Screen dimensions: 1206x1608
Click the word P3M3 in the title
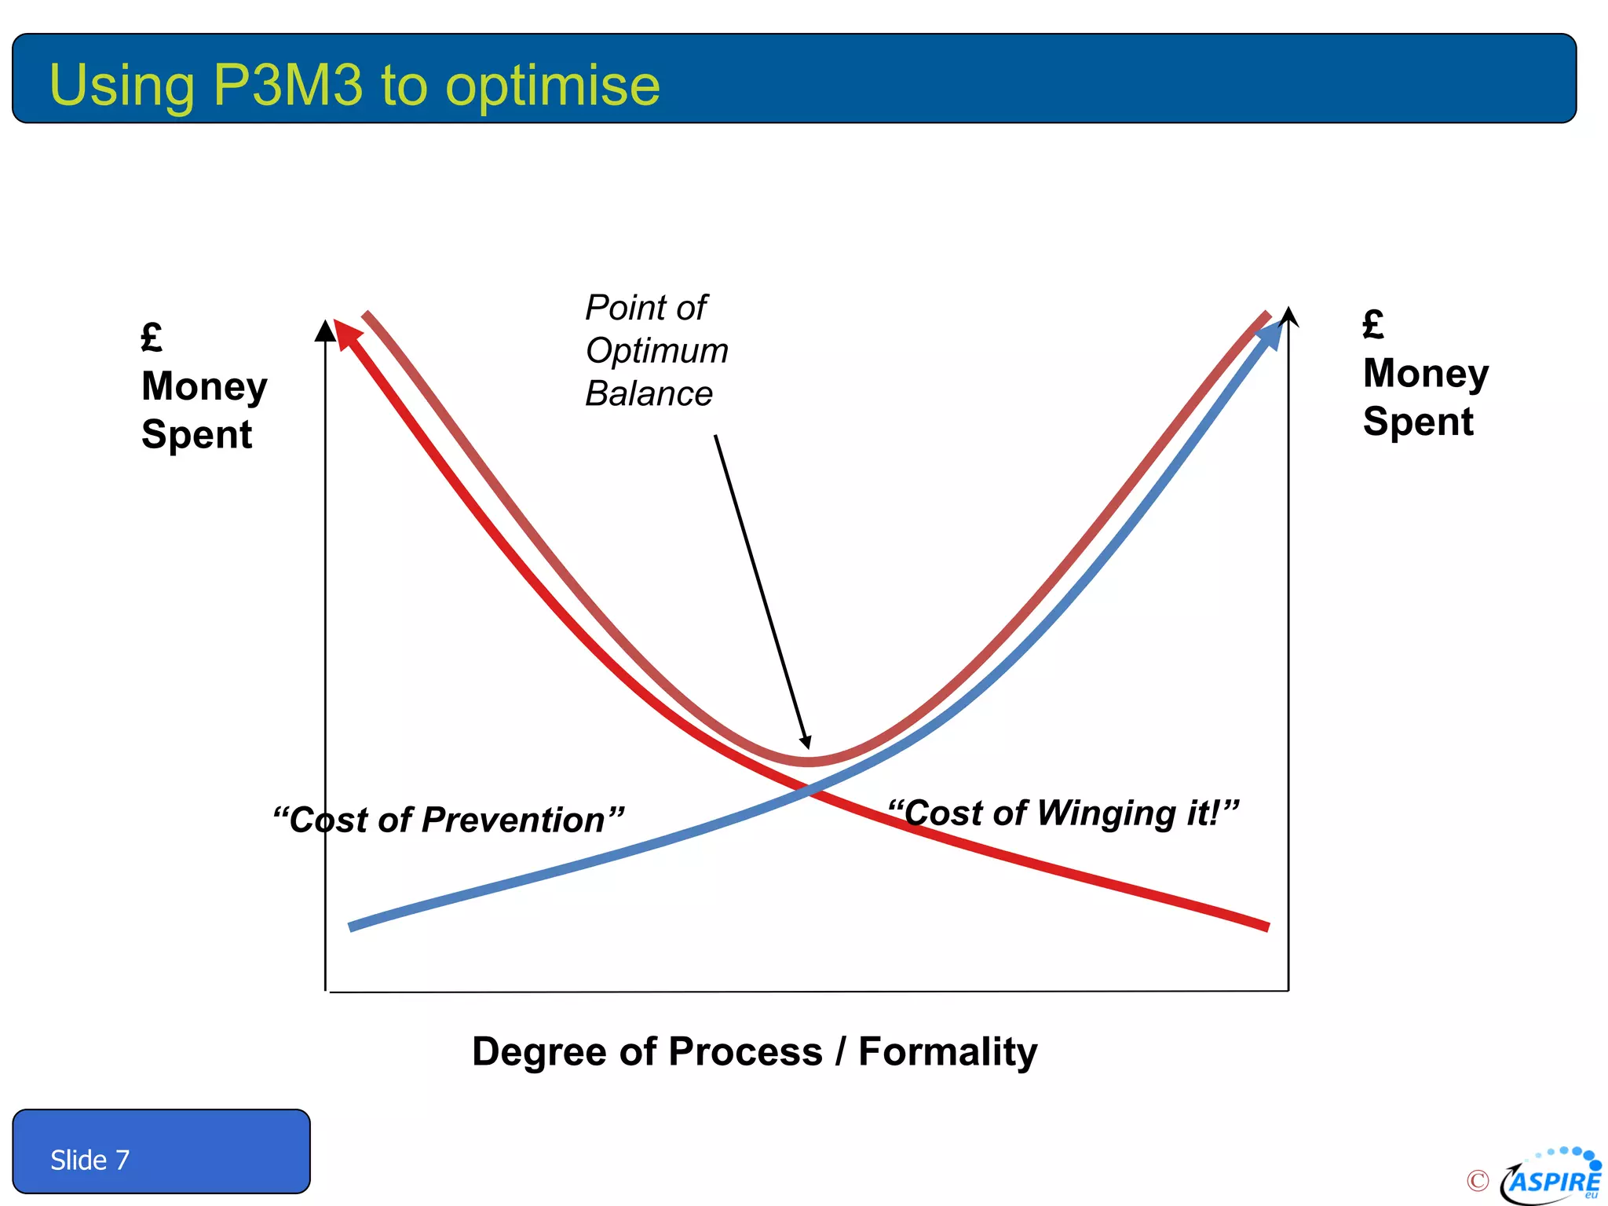[x=288, y=85]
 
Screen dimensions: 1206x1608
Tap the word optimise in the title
[x=552, y=86]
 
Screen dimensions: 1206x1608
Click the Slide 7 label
[x=90, y=1160]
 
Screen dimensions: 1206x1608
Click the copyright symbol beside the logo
[x=1477, y=1180]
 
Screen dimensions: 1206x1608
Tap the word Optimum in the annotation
[x=656, y=350]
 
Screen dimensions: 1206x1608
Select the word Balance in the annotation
[x=649, y=393]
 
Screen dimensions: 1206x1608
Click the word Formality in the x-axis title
[x=948, y=1052]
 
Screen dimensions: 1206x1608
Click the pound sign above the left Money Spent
[x=152, y=338]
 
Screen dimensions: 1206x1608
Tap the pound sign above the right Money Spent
[x=1373, y=324]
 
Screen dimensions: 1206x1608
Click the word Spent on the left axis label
[x=196, y=434]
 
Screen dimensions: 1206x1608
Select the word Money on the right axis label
[x=1425, y=373]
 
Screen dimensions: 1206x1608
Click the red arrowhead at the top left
[x=346, y=333]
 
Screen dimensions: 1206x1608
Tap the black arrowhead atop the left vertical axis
[x=325, y=331]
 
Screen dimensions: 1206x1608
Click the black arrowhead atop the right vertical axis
[x=1288, y=316]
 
